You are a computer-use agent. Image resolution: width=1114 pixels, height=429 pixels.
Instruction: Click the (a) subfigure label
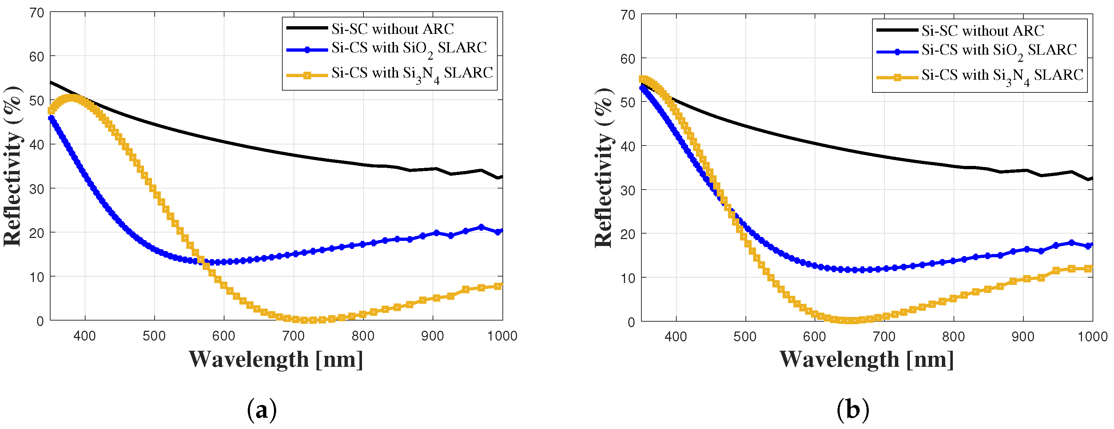262,409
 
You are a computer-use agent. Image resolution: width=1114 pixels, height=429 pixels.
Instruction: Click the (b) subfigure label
852,409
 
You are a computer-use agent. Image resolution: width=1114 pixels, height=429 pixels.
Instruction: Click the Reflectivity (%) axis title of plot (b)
603,168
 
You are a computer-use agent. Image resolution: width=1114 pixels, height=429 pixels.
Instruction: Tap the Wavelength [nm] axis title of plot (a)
276,359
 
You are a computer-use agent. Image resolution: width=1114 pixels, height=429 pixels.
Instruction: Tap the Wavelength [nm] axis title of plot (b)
866,359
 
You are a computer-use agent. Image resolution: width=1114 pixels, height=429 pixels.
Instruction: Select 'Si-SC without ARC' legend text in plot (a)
393,29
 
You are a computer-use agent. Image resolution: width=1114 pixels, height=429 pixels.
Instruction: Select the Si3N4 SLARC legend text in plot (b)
1002,76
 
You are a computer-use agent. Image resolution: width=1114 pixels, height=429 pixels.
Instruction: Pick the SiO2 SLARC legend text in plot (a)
409,48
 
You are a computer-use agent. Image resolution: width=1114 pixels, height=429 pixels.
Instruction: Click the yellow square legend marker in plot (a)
307,75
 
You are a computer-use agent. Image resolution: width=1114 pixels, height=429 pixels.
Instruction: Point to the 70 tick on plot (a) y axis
37,13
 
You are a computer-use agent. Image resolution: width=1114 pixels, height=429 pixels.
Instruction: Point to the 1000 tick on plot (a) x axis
502,336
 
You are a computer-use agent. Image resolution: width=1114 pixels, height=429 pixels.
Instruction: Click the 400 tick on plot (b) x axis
676,337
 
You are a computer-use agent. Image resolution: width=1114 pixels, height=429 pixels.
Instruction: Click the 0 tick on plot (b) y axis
631,322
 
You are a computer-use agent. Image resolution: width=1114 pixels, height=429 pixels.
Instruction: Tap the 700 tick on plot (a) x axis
293,336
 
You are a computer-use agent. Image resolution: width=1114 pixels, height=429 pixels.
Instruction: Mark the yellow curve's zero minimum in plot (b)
851,321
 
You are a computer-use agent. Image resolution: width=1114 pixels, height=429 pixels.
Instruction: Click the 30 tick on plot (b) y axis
628,190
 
